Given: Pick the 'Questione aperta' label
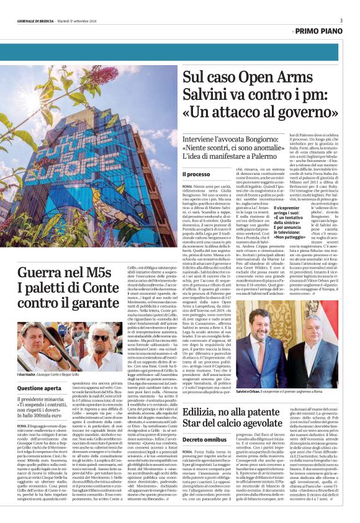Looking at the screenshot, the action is (x=39, y=388).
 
